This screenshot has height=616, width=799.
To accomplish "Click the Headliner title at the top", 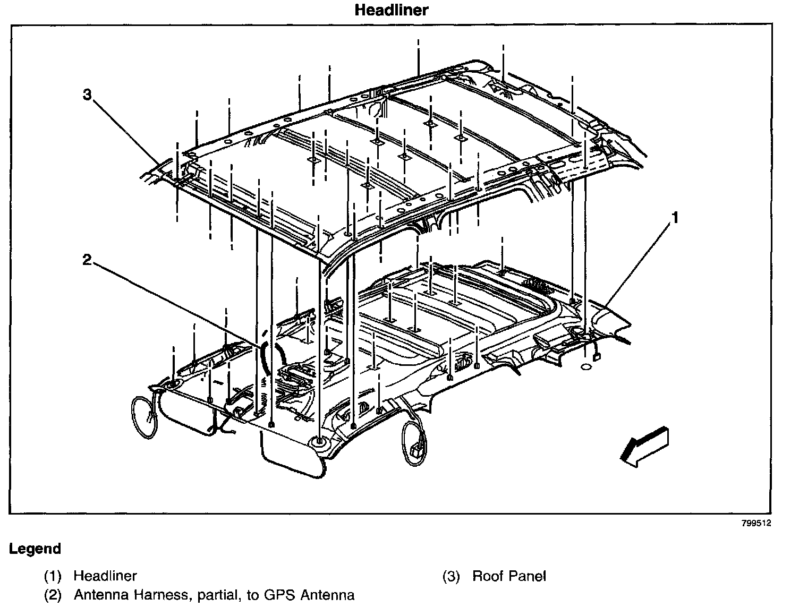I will pyautogui.click(x=391, y=10).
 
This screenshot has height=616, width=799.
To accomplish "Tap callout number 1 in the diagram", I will pyautogui.click(x=675, y=218).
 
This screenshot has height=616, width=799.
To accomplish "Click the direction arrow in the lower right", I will pyautogui.click(x=643, y=447).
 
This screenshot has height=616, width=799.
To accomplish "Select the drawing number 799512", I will pyautogui.click(x=756, y=523).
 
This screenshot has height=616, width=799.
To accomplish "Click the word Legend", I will pyautogui.click(x=35, y=549).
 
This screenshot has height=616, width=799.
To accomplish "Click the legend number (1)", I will pyautogui.click(x=53, y=576).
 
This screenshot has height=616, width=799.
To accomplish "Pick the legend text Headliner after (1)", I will pyautogui.click(x=105, y=576).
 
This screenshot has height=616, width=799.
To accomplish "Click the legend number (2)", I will pyautogui.click(x=53, y=595).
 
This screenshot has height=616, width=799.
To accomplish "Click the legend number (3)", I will pyautogui.click(x=452, y=576).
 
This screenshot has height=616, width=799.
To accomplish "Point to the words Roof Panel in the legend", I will pyautogui.click(x=509, y=576).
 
